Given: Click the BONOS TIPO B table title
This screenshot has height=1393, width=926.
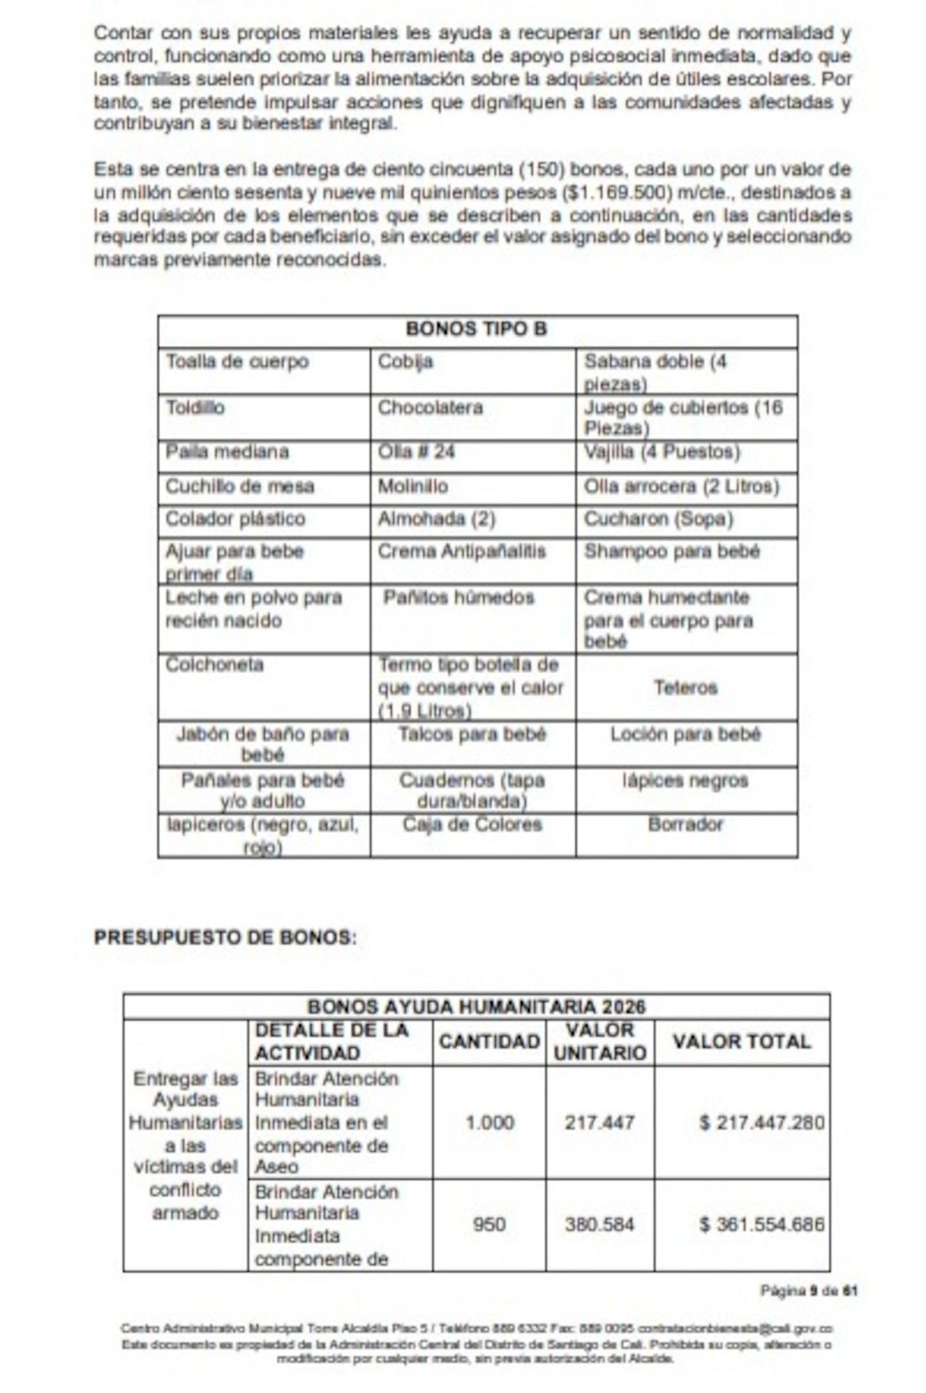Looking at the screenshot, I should pos(477,329).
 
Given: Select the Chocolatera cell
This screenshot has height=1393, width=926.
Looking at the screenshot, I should pos(430,407).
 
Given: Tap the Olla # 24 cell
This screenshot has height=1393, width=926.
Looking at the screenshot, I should pos(416,452).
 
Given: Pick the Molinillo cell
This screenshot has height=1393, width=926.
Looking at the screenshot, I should pos(412,486).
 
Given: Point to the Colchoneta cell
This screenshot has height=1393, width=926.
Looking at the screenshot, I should pos(215,664).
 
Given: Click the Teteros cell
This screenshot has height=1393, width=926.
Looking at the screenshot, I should pos(686,687).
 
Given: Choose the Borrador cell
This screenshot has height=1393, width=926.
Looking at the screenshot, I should pos(686,824).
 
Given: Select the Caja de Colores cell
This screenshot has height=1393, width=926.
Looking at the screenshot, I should pos(472,824).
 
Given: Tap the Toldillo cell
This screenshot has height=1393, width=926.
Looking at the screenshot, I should pos(195,407).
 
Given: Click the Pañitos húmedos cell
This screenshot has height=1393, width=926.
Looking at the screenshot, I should pos(459,598).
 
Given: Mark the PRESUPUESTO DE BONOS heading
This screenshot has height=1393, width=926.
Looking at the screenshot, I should pos(225,937).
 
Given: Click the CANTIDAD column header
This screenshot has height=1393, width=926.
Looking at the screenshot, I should pos(489,1041).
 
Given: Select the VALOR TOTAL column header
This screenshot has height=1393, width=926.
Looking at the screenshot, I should pos(742,1041).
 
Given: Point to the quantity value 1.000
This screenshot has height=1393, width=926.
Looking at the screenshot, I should pos(490,1122).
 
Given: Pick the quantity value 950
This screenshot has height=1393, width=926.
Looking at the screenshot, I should pos(489,1224).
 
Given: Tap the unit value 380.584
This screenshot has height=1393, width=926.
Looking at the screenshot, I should pos(600,1224).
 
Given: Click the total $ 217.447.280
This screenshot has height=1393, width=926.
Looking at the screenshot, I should pos(762,1122).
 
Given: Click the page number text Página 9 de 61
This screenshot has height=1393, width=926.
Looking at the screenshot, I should pos(809,1290).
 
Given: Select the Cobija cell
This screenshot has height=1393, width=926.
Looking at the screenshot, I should pos(405,362).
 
